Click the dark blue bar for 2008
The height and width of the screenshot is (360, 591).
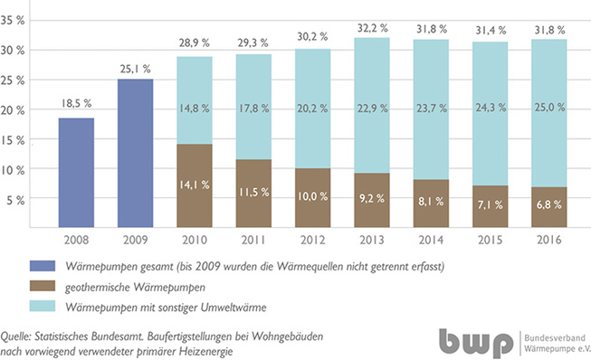pos(76,174)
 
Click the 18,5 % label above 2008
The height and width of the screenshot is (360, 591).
pos(76,106)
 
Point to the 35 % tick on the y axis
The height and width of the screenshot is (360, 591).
pos(16,22)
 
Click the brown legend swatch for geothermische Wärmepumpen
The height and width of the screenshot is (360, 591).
pos(43,285)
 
